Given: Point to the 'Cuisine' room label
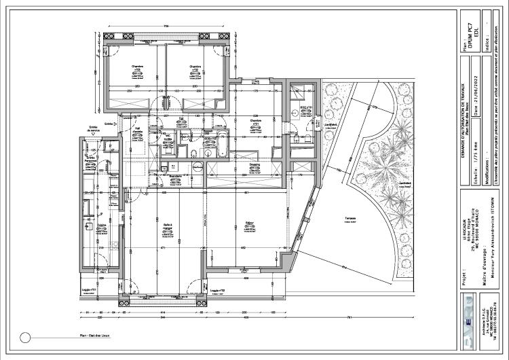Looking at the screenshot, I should tap(101, 225).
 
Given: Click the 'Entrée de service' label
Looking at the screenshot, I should tap(93, 128).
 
